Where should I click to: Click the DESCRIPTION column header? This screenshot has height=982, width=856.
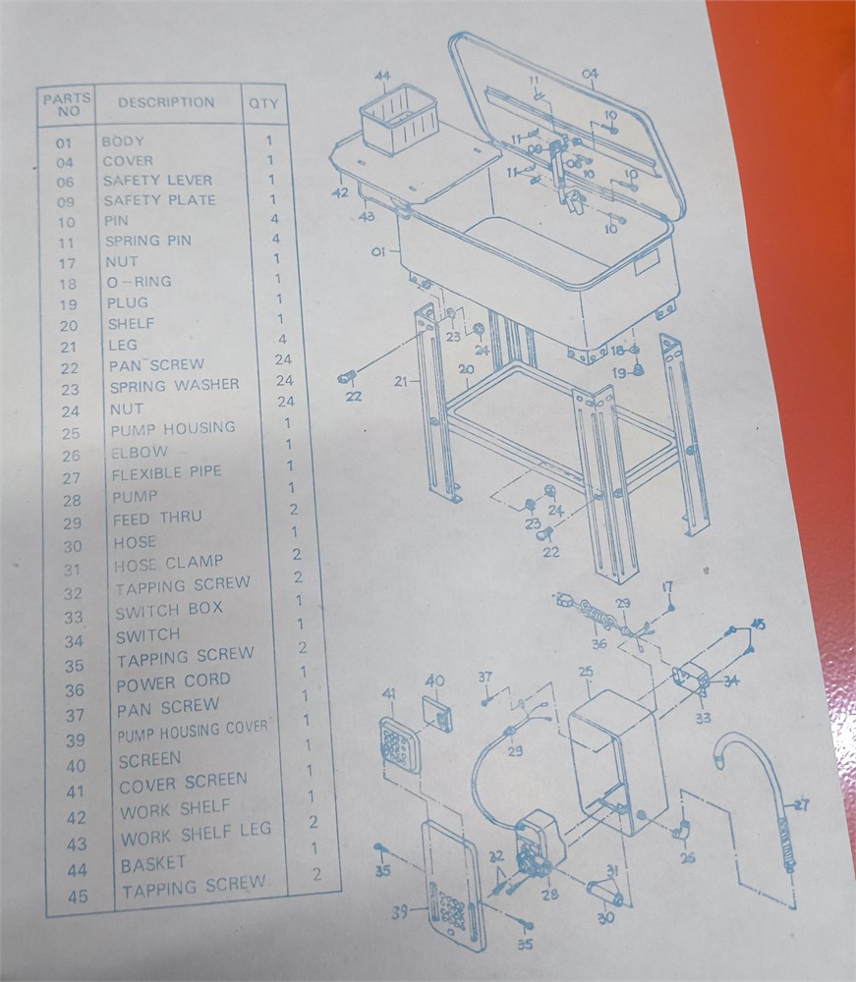pyautogui.click(x=166, y=103)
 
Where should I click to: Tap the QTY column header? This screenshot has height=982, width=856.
pyautogui.click(x=263, y=103)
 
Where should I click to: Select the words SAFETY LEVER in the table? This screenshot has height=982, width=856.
pyautogui.click(x=158, y=181)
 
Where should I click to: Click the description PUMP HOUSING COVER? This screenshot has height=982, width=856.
pyautogui.click(x=193, y=732)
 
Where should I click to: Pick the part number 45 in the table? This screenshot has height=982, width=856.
pyautogui.click(x=79, y=897)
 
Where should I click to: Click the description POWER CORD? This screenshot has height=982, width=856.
pyautogui.click(x=174, y=682)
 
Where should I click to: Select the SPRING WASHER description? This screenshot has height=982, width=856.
pyautogui.click(x=175, y=385)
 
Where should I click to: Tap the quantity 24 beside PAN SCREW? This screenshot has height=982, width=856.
pyautogui.click(x=283, y=359)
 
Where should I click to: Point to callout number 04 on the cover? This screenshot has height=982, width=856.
pyautogui.click(x=590, y=76)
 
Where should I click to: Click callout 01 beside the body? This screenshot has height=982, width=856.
pyautogui.click(x=378, y=251)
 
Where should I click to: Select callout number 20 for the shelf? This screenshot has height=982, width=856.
pyautogui.click(x=466, y=369)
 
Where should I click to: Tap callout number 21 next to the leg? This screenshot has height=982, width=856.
pyautogui.click(x=402, y=381)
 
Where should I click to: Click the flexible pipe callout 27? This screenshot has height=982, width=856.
pyautogui.click(x=801, y=805)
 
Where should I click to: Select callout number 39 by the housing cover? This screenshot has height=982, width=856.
pyautogui.click(x=401, y=912)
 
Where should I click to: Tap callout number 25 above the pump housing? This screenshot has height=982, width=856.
pyautogui.click(x=586, y=672)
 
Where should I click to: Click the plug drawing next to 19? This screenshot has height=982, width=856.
pyautogui.click(x=639, y=369)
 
